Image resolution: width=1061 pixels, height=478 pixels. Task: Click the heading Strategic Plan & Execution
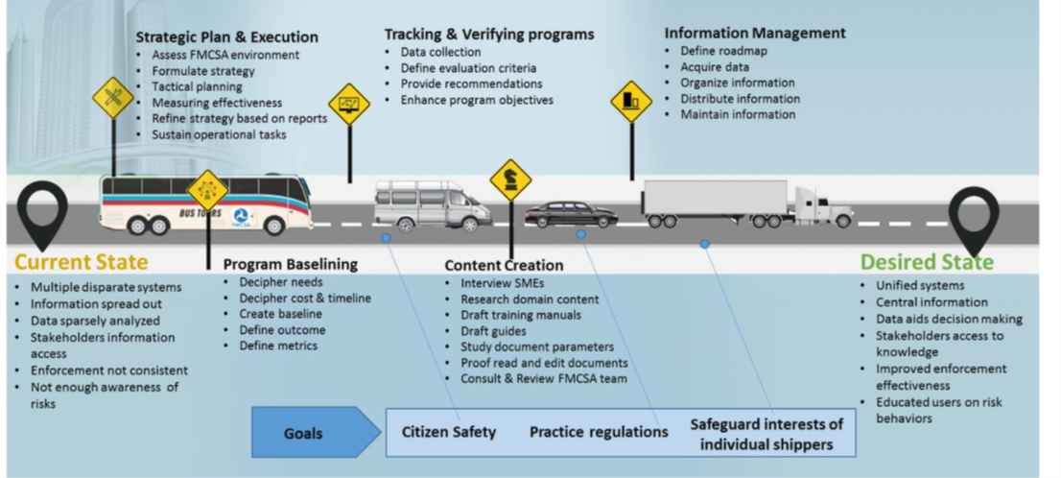[x=226, y=36]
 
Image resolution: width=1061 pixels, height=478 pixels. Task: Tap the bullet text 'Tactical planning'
[x=197, y=86]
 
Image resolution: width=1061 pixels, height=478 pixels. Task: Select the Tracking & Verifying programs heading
[x=489, y=34]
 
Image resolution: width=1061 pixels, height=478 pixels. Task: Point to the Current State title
[x=82, y=262]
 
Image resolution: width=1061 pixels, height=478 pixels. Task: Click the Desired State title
[x=927, y=262]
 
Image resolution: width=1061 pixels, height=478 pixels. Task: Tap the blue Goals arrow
[x=316, y=433]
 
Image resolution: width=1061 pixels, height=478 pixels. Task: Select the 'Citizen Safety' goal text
[x=449, y=432]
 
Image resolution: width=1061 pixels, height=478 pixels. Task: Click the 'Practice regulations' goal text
[x=599, y=432]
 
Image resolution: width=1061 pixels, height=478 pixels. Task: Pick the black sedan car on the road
[x=571, y=214]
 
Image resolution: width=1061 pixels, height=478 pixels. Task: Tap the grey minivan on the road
[x=433, y=205]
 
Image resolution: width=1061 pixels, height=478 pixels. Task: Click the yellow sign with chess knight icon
[x=511, y=179]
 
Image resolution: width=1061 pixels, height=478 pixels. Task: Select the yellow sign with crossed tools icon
[x=113, y=98]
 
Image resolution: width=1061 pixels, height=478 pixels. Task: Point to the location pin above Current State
[x=42, y=213]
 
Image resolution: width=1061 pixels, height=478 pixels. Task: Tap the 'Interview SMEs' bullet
[x=502, y=283]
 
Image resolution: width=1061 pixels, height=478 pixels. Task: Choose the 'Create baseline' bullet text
[x=281, y=314]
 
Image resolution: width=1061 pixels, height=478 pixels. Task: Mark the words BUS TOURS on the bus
[x=199, y=213]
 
